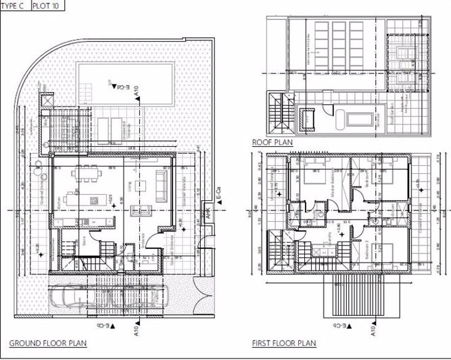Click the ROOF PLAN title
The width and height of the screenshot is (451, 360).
point(271,143)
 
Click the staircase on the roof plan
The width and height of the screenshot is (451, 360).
point(277,112)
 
